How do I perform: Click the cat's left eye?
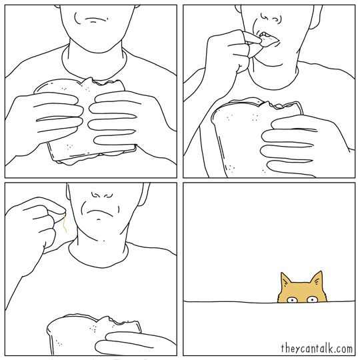coord(292,300)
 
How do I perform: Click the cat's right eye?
coord(312,299)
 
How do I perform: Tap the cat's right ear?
coord(317,279)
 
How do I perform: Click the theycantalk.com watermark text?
coord(317,348)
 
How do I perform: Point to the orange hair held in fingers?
coord(65,223)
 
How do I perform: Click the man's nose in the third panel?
coord(102,195)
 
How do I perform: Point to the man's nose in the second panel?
coord(271,19)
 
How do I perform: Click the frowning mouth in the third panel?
coord(99,212)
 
